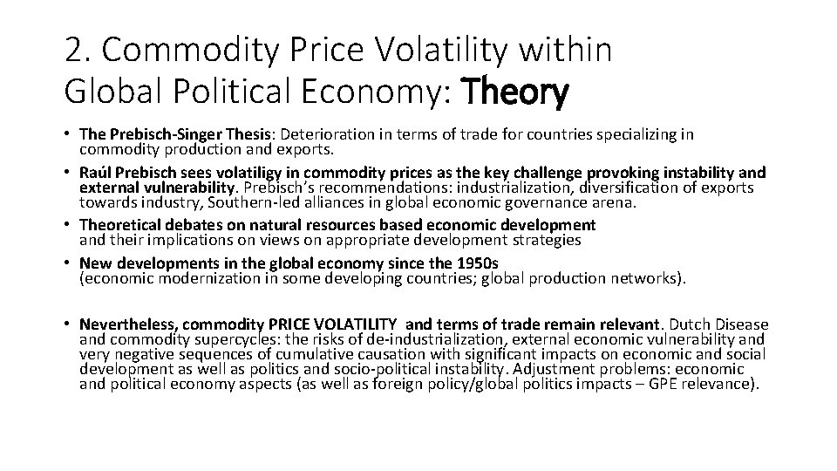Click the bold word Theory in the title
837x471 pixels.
[x=518, y=91]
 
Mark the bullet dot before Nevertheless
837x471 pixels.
[x=68, y=324]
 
